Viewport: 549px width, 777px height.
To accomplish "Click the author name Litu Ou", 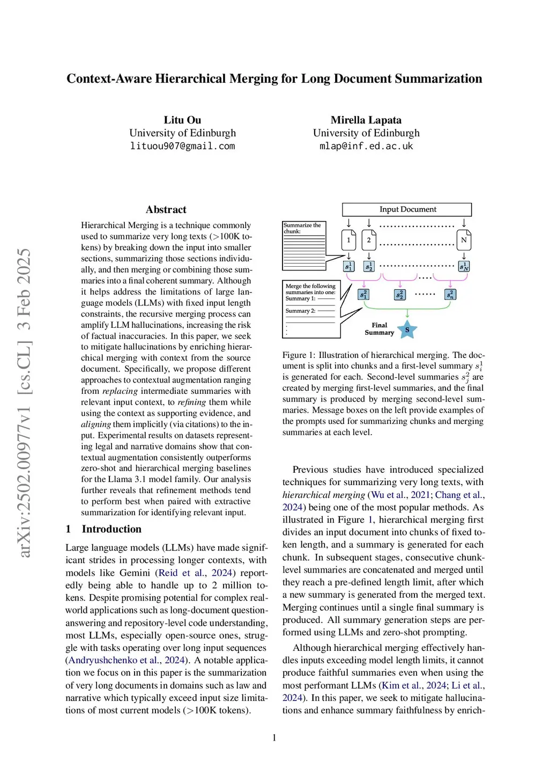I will click(182, 120).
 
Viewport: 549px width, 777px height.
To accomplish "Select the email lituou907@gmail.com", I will click(182, 146).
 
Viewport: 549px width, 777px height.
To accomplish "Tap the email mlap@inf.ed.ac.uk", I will click(366, 146).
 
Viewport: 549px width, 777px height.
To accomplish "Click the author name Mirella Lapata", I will click(366, 120).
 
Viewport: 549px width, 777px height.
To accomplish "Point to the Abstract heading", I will click(166, 210).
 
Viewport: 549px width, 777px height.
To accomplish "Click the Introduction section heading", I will click(112, 529).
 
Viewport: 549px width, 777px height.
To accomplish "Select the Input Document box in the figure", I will click(407, 209).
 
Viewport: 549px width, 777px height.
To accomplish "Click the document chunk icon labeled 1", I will click(348, 240).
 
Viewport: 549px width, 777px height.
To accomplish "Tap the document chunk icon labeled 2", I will click(369, 240).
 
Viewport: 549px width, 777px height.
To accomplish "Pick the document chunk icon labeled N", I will click(464, 240).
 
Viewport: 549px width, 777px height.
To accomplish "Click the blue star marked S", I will click(407, 329).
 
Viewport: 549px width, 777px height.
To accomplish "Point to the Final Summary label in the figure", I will click(379, 329).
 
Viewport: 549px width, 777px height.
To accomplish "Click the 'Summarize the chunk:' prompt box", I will click(311, 246).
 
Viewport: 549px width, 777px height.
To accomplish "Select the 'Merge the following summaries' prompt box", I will click(311, 309).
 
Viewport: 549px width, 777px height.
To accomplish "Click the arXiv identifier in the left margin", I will click(24, 402).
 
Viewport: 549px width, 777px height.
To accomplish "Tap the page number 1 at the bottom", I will click(274, 738).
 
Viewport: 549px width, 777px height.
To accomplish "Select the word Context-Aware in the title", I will click(109, 79).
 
